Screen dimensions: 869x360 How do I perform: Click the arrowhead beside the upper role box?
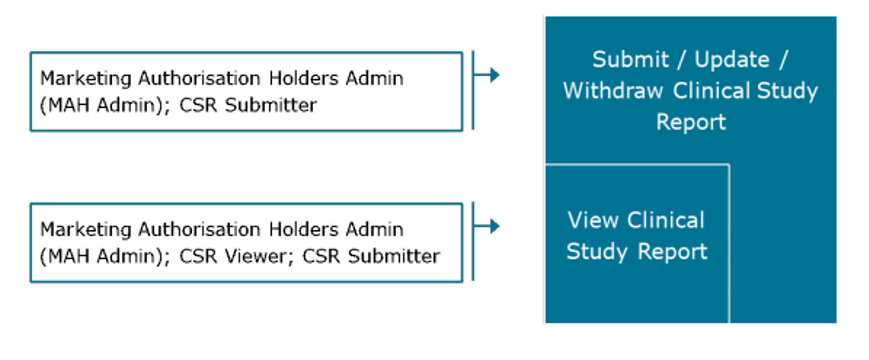494,75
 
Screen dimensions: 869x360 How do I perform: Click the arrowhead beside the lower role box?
494,226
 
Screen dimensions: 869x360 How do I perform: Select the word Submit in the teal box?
630,59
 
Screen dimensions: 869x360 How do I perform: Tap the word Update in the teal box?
732,59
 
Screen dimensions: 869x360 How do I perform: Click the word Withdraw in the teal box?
613,91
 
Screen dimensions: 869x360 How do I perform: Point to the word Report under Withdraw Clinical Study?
691,122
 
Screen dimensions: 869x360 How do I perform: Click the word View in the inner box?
593,220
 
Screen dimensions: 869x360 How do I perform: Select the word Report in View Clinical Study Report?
672,251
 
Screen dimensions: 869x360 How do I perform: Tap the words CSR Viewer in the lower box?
233,256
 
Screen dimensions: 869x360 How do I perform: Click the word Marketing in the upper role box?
86,79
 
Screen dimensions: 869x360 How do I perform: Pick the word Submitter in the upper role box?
271,105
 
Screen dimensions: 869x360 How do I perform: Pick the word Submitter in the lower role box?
394,256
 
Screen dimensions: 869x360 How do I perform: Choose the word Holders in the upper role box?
303,79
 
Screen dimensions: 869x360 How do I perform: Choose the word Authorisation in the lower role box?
199,230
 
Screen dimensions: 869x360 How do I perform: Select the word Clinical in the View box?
666,220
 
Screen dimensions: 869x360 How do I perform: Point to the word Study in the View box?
597,252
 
